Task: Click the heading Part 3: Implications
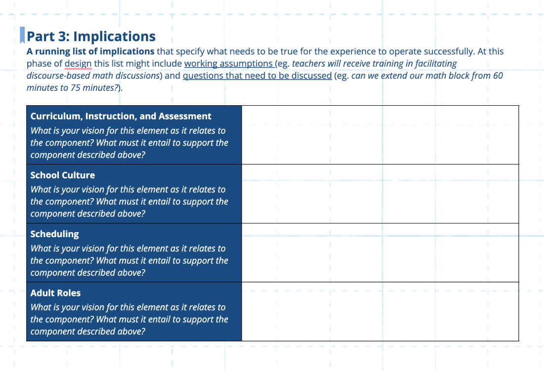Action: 91,37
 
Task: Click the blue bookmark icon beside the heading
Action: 22,35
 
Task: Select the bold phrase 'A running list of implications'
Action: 91,51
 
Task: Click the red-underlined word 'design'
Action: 78,64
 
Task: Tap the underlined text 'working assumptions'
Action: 228,64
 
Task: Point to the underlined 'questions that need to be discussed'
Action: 257,76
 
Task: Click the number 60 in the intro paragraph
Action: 498,76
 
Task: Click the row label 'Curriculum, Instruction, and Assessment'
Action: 121,117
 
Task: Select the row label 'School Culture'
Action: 62,175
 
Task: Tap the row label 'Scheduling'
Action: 54,234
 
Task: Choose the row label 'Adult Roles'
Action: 55,293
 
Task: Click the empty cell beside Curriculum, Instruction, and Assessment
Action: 380,135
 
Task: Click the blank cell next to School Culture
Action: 380,194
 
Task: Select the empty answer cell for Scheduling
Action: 380,252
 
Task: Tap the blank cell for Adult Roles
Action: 380,311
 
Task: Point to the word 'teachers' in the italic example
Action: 309,64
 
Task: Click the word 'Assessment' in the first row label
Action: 185,117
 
